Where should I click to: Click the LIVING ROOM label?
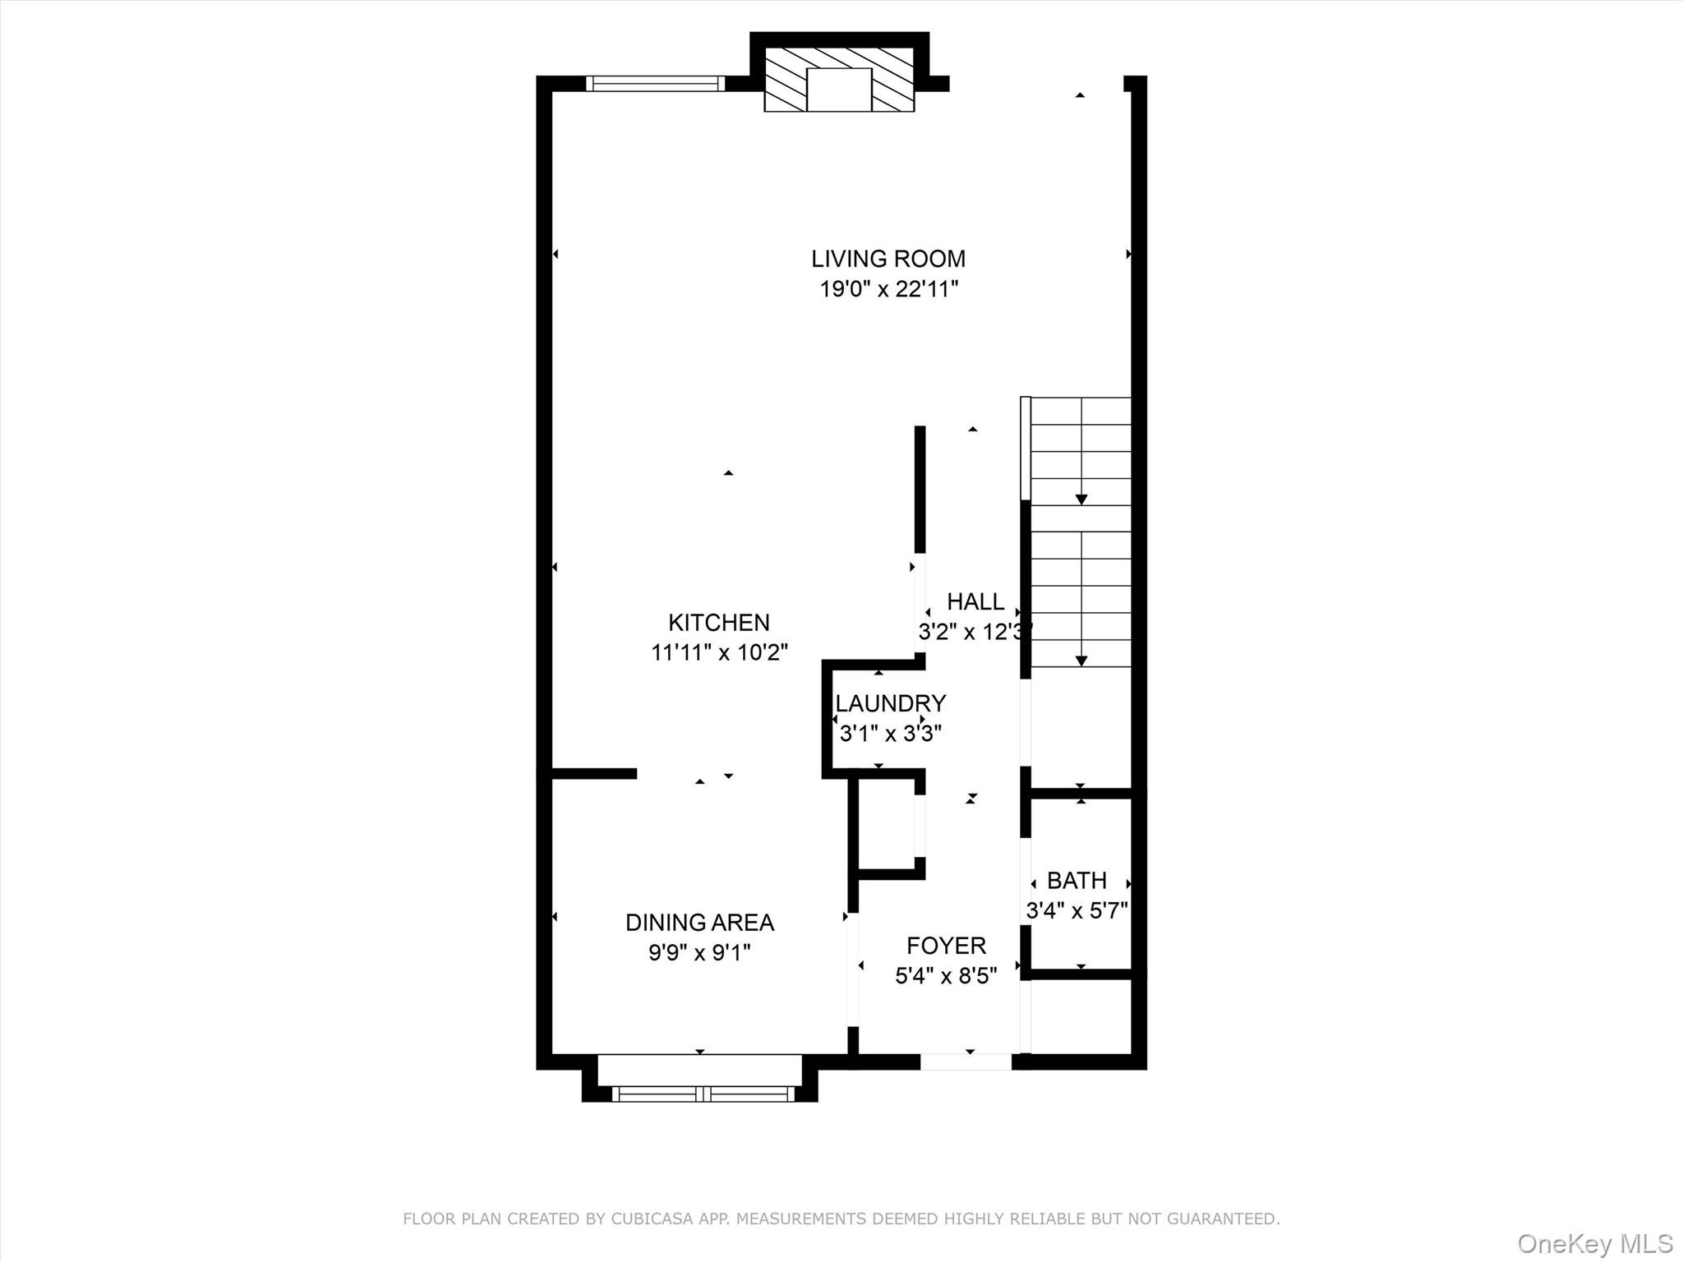888,259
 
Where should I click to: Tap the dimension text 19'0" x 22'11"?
888,289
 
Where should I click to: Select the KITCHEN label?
718,622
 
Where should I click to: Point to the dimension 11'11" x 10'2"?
719,652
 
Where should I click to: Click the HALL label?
975,601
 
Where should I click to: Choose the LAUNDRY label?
890,703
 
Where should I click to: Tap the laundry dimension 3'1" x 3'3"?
890,733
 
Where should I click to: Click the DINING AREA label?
699,923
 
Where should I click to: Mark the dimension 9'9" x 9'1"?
699,953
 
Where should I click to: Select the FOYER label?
946,946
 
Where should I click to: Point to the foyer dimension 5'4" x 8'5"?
946,976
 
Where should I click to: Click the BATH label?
1077,881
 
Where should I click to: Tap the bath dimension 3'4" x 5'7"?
1077,910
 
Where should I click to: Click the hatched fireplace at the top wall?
839,79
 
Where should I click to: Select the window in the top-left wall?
655,83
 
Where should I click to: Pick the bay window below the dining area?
703,1094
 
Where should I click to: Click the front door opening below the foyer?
966,1062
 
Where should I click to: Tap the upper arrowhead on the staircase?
1081,500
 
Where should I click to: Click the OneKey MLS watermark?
1595,1243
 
